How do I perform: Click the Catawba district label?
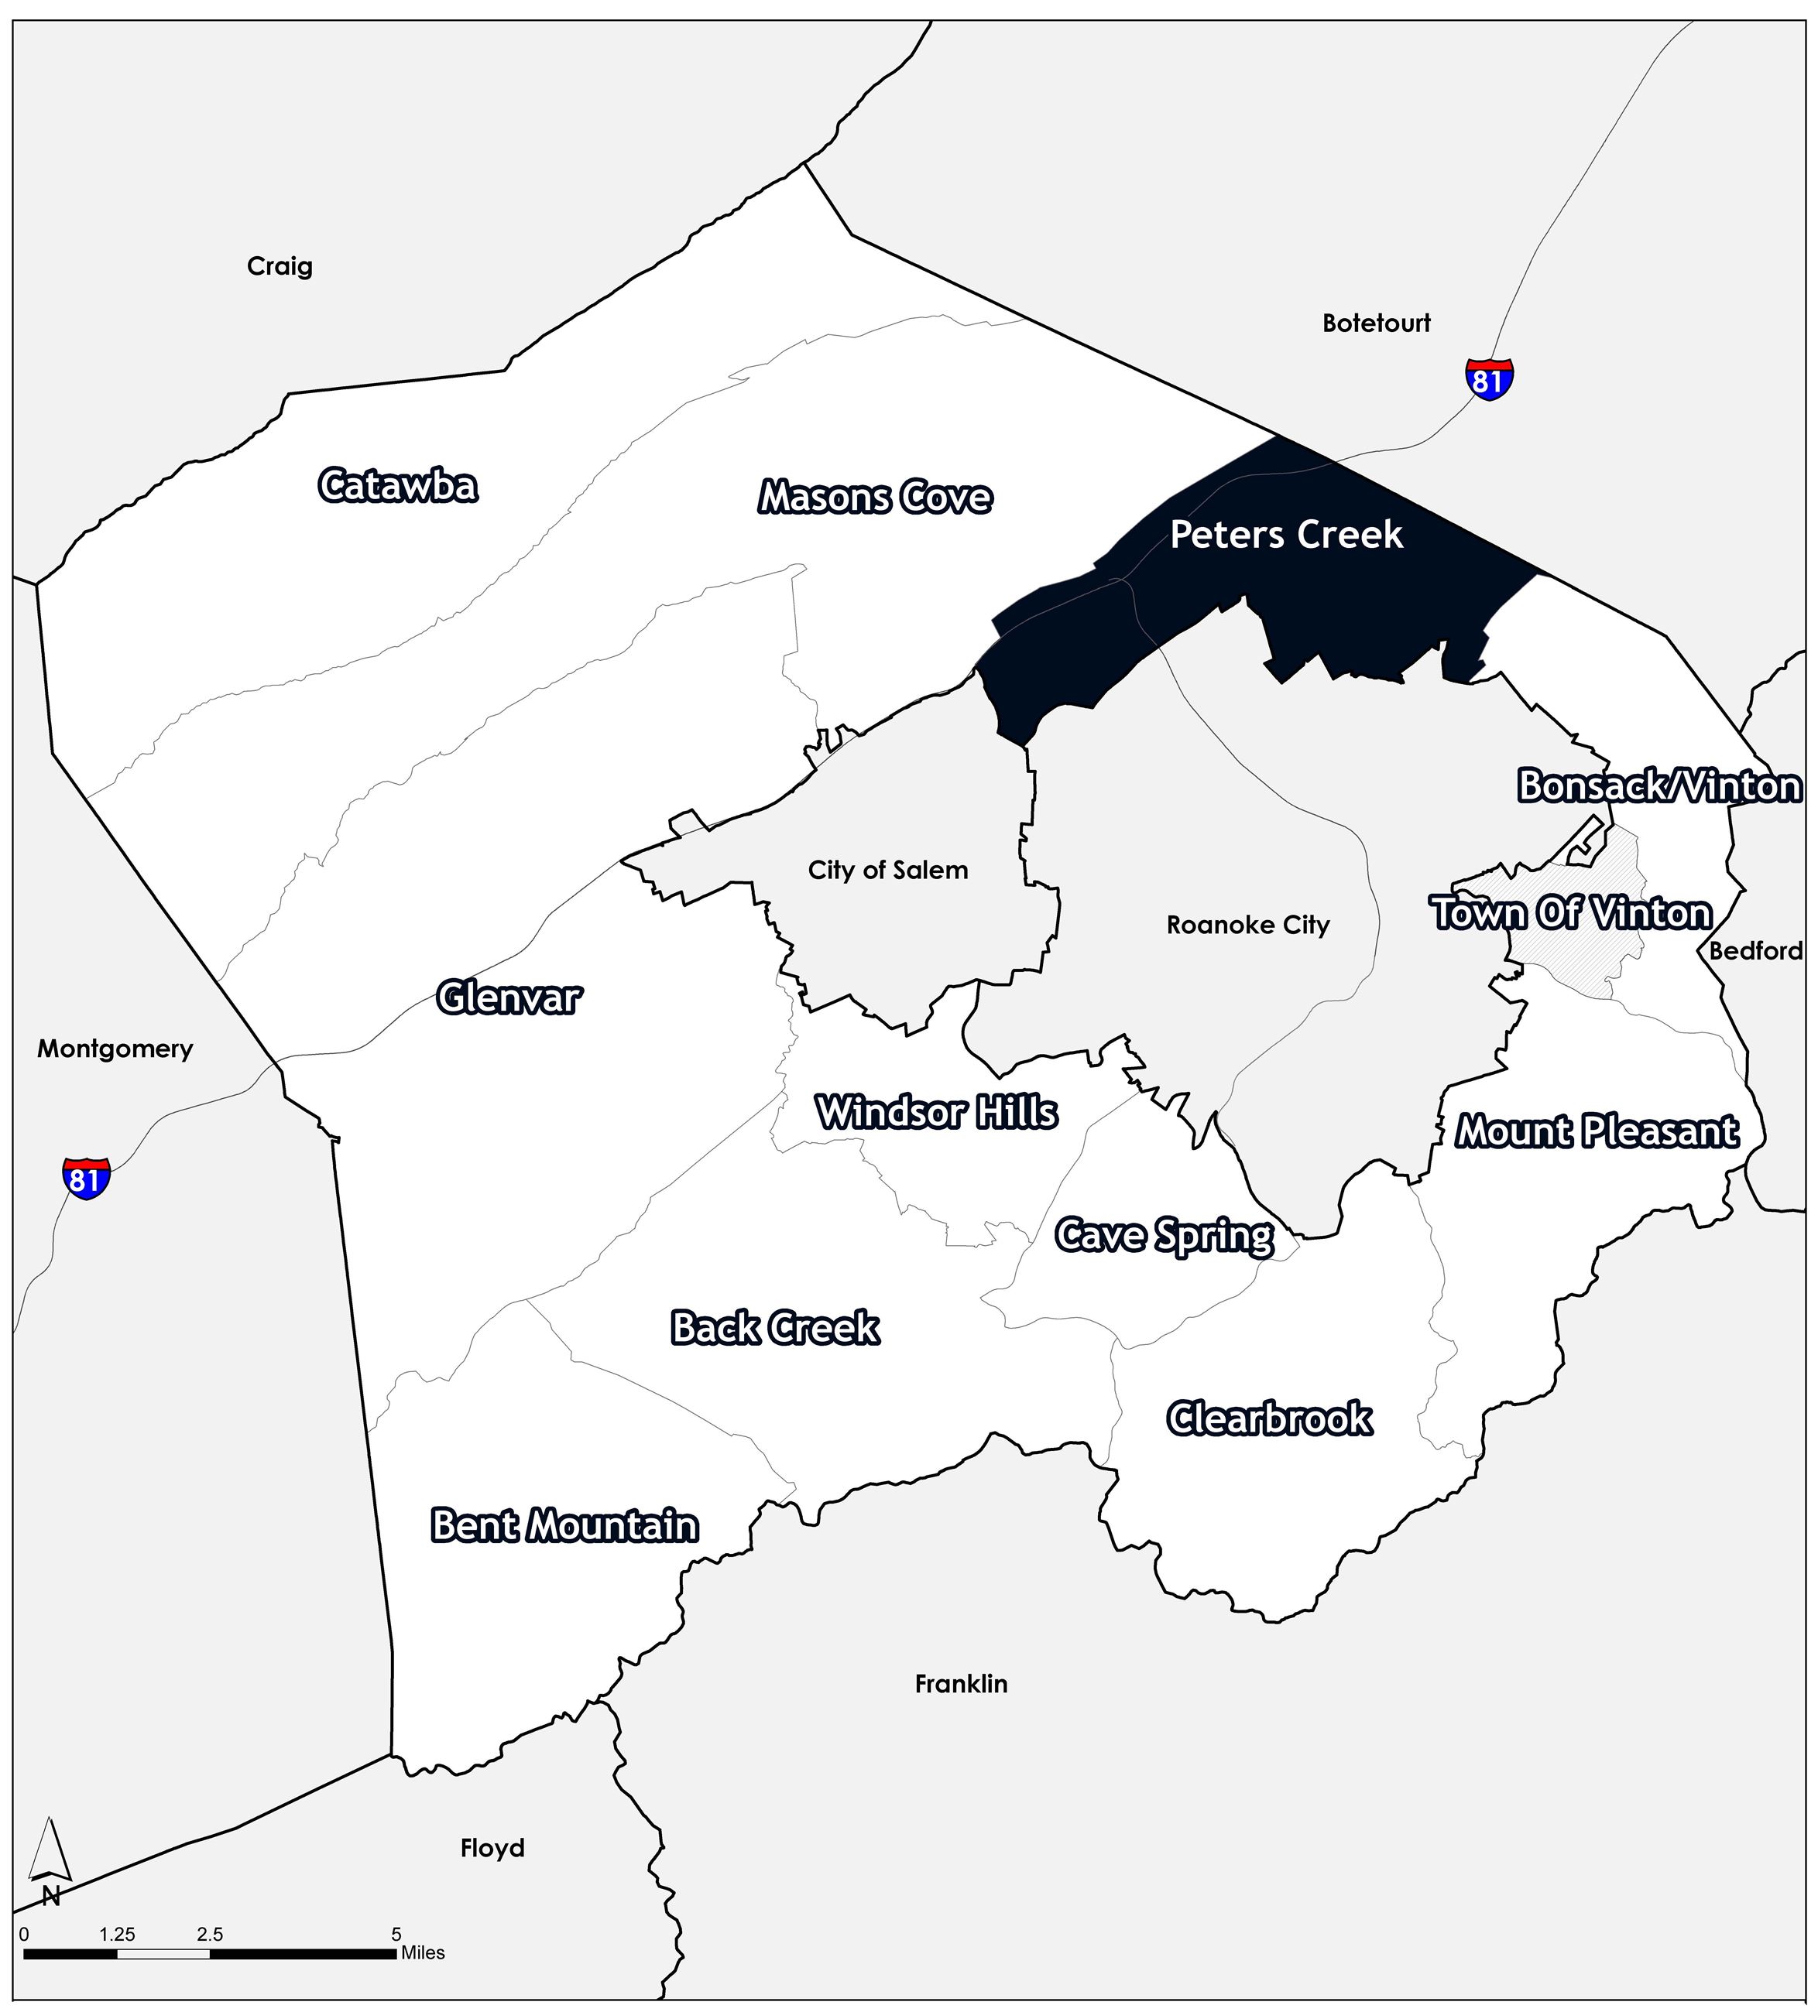tap(397, 486)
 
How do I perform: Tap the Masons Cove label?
tap(875, 497)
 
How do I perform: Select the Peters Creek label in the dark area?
tap(1286, 535)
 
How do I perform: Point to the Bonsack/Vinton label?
tap(1659, 786)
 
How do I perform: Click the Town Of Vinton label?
tap(1572, 913)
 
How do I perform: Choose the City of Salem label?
tap(887, 871)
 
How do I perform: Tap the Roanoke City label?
tap(1248, 926)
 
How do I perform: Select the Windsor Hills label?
tap(936, 1112)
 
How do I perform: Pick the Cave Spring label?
tap(1164, 1236)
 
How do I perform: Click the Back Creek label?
tap(775, 1327)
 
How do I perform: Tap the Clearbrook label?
tap(1269, 1418)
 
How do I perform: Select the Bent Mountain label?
tap(564, 1525)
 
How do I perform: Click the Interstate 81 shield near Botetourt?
tap(1488, 378)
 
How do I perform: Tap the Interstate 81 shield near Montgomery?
tap(86, 1178)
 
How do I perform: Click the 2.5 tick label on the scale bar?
tap(210, 1934)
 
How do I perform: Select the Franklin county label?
tap(960, 1685)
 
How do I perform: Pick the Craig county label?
tap(280, 266)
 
